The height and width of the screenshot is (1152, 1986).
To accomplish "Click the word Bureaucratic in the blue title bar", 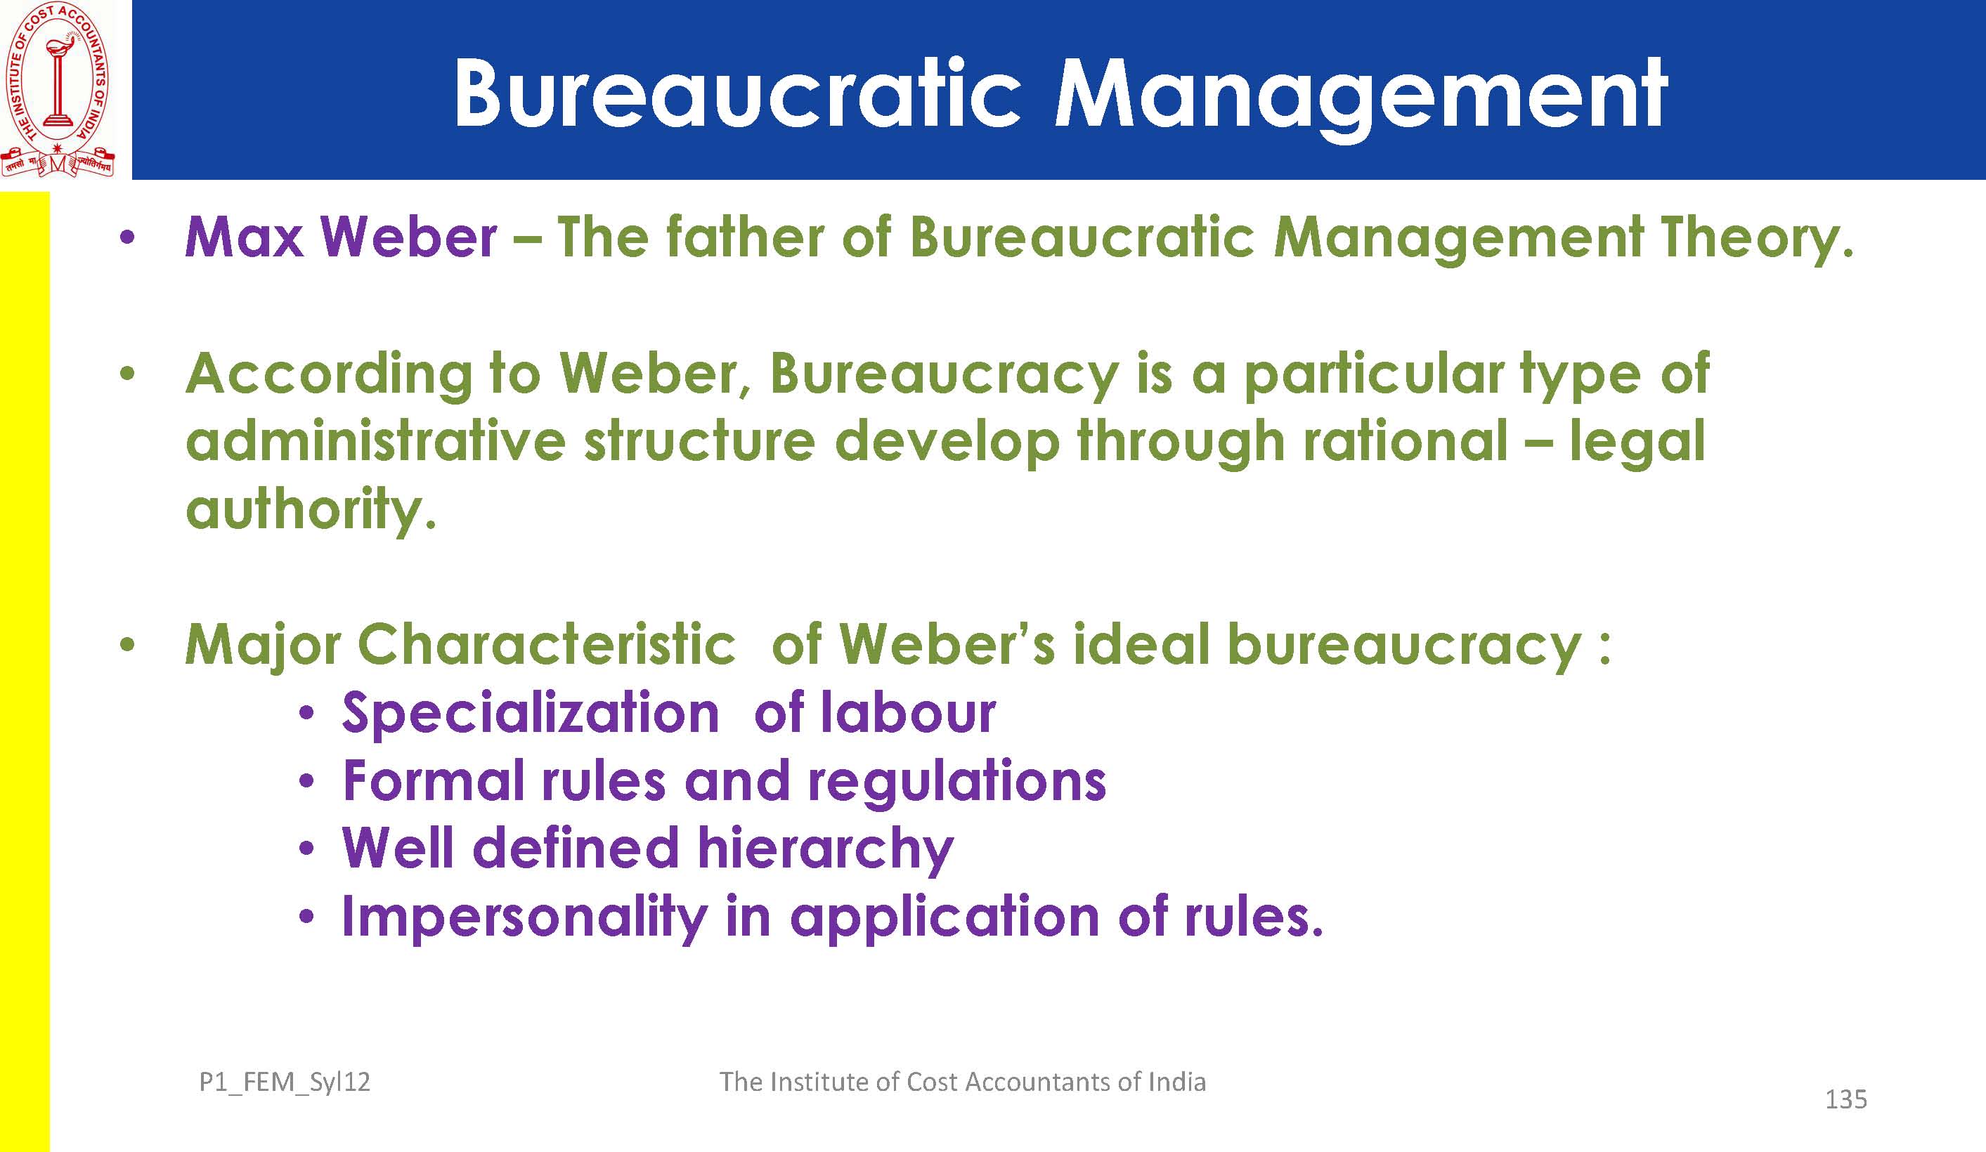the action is pyautogui.click(x=737, y=95).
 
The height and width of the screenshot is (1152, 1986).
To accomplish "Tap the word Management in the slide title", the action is pyautogui.click(x=1361, y=98).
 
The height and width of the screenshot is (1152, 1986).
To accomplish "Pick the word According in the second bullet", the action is pyautogui.click(x=329, y=376).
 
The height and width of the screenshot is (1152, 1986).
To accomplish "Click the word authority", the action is pyautogui.click(x=311, y=511).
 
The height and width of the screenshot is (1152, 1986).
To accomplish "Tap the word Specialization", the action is pyautogui.click(x=531, y=714).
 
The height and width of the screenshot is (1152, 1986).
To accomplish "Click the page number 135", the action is pyautogui.click(x=1845, y=1099).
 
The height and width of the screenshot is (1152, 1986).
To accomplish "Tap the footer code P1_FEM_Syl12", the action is pyautogui.click(x=285, y=1082).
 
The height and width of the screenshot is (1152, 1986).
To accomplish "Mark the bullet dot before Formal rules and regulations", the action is pyautogui.click(x=307, y=783).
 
